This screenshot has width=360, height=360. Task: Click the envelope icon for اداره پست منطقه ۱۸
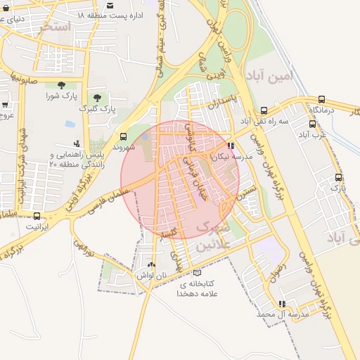[109, 5]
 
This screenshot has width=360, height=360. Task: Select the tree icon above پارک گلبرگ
[97, 98]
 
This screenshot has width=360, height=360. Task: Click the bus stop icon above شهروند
[124, 137]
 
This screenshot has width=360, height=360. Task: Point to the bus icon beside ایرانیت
[37, 217]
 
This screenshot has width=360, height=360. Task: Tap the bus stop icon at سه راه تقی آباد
[264, 110]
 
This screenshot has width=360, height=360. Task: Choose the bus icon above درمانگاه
[321, 100]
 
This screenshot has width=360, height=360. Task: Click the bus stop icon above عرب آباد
[311, 123]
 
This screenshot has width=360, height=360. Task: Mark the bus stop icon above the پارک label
[338, 177]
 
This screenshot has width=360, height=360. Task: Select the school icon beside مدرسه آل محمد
[282, 304]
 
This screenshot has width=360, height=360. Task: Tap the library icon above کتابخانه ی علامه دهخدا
[196, 272]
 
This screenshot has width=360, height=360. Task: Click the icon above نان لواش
[162, 265]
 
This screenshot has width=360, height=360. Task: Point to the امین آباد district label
[268, 75]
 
